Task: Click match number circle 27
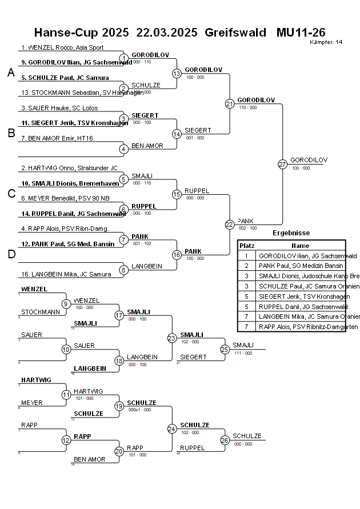(282, 164)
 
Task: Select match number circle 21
(230, 103)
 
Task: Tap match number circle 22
(230, 225)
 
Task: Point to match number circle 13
(177, 73)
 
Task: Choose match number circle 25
(225, 349)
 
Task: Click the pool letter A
(11, 73)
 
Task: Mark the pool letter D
(11, 254)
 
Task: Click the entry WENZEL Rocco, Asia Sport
(62, 48)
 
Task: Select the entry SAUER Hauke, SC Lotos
(59, 108)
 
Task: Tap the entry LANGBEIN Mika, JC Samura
(66, 274)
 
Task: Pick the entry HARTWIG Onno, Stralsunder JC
(69, 169)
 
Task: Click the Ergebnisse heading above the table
(291, 233)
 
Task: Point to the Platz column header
(247, 245)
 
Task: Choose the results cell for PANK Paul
(301, 266)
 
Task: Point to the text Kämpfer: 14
(326, 42)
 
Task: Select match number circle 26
(225, 440)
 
